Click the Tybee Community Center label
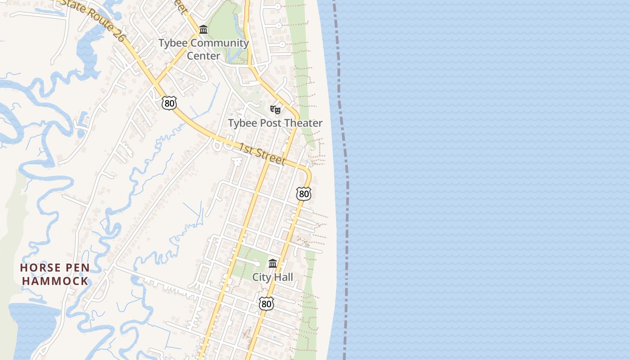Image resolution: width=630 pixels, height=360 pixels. (x=203, y=49)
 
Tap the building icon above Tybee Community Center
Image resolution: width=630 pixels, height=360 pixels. (x=203, y=30)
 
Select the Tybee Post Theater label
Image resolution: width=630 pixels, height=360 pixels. (x=275, y=123)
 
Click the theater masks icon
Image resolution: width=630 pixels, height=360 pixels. (x=275, y=109)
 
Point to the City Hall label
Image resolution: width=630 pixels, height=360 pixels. (x=272, y=277)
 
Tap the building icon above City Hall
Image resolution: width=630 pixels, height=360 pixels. (x=273, y=263)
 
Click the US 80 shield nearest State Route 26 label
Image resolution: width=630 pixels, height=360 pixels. (x=169, y=103)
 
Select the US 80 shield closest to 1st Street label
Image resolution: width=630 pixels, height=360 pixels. (x=304, y=194)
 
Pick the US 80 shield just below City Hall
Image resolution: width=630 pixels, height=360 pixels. (x=266, y=304)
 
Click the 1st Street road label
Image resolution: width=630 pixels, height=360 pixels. (x=262, y=154)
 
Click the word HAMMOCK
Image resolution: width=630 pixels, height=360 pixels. (x=55, y=281)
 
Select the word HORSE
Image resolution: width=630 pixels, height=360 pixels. (x=40, y=268)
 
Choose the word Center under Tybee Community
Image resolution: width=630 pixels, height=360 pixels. (x=203, y=56)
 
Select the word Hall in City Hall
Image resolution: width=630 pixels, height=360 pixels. (x=283, y=277)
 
